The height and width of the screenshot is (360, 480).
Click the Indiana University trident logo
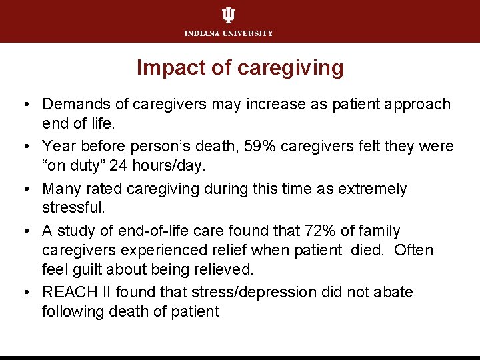(228, 15)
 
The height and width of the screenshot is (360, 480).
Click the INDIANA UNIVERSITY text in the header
(229, 33)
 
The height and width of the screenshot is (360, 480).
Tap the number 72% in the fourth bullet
(319, 231)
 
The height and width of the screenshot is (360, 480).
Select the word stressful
(73, 208)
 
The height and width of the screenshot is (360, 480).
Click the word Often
(413, 250)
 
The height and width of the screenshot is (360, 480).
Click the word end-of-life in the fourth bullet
(147, 231)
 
